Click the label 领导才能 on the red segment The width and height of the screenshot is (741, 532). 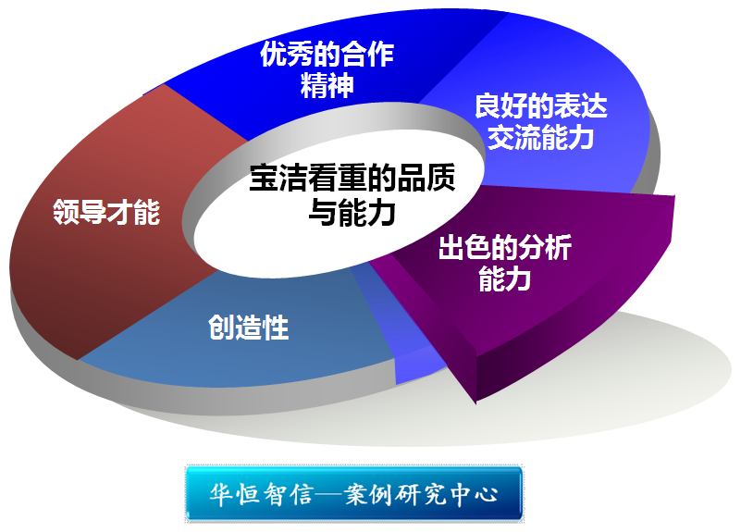(106, 212)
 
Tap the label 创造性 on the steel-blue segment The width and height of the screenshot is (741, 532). (249, 327)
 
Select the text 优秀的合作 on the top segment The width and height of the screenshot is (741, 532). (327, 54)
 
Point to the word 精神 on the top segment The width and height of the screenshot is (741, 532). (327, 85)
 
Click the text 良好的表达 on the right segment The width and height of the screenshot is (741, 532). (540, 105)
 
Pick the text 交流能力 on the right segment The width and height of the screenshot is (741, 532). (540, 138)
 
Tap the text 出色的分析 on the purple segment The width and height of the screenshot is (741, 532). (505, 247)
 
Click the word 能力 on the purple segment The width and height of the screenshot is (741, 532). (505, 278)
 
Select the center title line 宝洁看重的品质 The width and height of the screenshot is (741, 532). (352, 178)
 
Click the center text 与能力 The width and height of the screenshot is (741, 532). (352, 212)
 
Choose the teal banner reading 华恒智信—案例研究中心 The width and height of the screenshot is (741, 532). (354, 494)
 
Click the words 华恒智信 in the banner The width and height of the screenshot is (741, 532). (260, 494)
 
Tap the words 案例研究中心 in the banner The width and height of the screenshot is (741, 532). (421, 494)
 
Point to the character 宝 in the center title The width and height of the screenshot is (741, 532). (264, 178)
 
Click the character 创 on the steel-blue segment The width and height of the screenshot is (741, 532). (221, 327)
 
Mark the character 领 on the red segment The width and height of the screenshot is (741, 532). (66, 212)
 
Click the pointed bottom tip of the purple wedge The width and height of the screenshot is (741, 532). (475, 403)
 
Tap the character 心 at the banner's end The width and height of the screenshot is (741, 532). (486, 495)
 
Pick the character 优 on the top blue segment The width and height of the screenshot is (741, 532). (273, 54)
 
